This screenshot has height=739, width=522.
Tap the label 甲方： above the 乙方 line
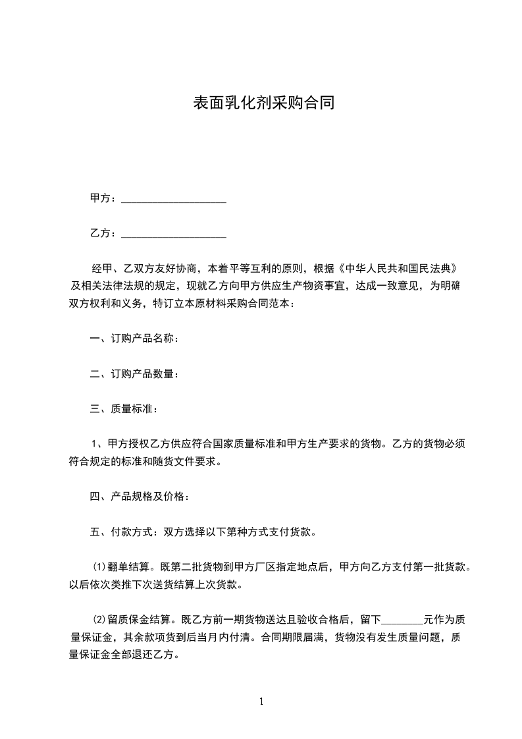[103, 198]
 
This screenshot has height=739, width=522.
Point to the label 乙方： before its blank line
[103, 233]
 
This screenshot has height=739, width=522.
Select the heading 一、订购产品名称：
[134, 339]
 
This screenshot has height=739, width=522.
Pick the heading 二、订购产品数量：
[134, 374]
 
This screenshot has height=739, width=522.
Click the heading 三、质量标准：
[124, 410]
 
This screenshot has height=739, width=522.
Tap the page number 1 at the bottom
[261, 701]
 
